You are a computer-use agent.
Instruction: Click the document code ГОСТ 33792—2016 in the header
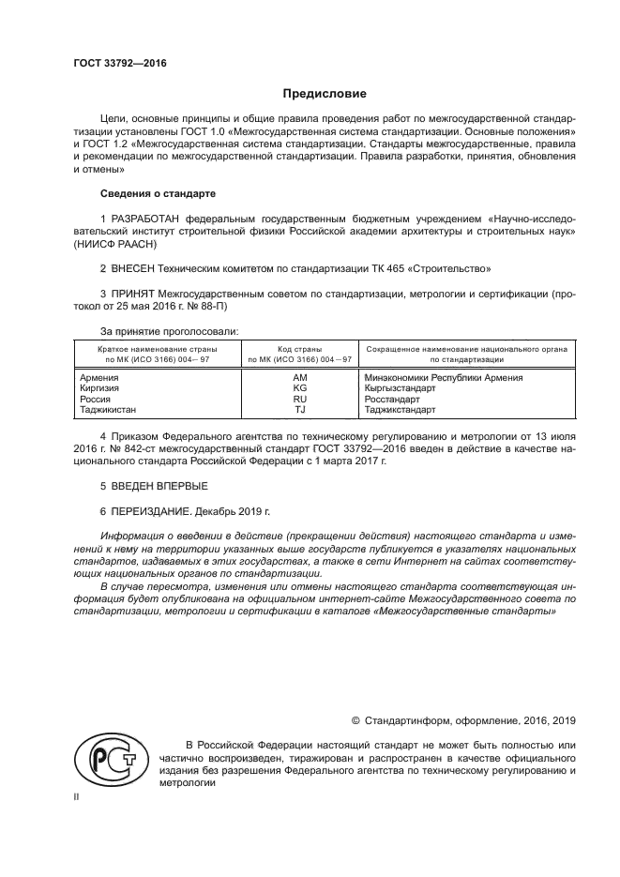tap(119, 64)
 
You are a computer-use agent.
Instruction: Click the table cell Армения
tap(101, 377)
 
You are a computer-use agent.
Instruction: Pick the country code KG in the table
tap(300, 387)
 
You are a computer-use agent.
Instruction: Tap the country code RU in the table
tap(300, 399)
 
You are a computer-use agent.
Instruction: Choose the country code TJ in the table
tap(300, 410)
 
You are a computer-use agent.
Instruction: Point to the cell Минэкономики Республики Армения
tap(443, 377)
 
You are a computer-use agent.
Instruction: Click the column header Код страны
tap(299, 348)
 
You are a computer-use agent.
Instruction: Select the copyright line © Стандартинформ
tap(462, 720)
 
